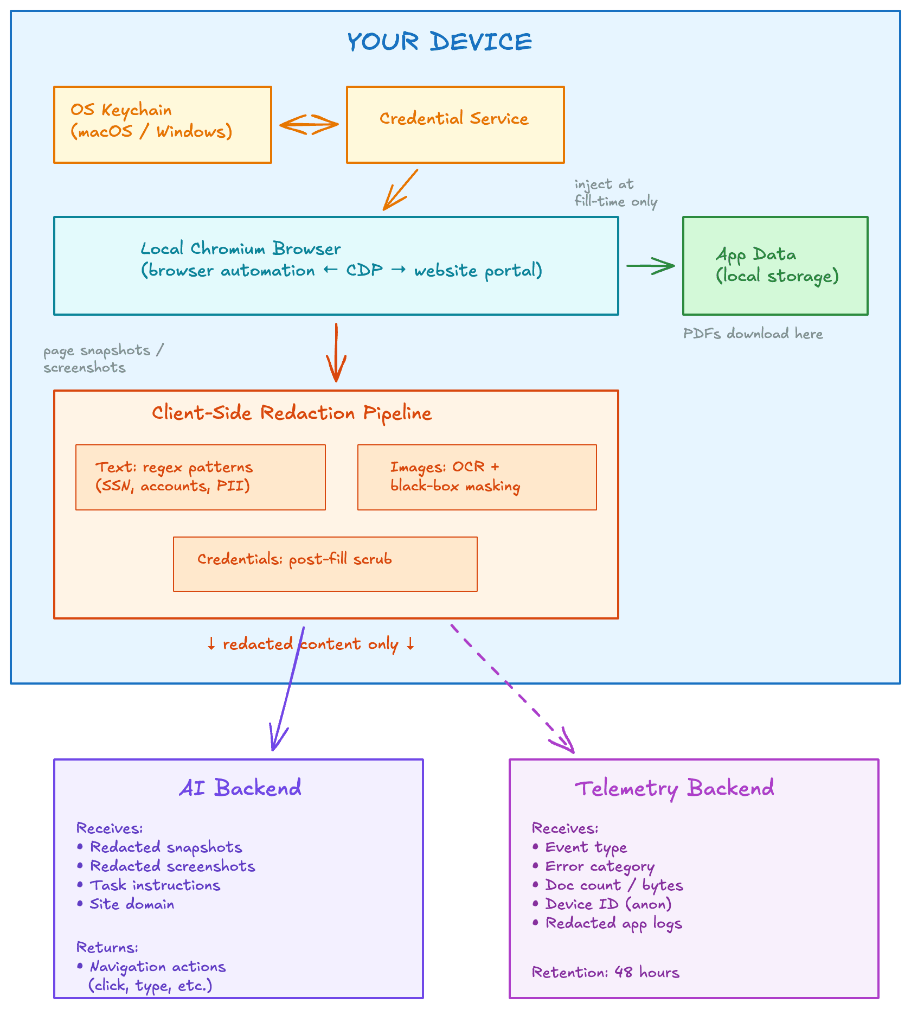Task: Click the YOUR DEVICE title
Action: (439, 42)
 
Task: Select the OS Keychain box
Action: (162, 124)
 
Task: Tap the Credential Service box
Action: (455, 124)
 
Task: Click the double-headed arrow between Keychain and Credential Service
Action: (309, 124)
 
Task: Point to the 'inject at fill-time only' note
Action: (615, 193)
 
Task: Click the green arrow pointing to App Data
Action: (650, 266)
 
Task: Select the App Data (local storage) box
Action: (775, 265)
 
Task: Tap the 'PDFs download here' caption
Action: (753, 334)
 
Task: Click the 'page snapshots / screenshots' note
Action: (103, 359)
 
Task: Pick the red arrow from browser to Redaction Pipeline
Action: (336, 353)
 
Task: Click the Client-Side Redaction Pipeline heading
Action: (292, 413)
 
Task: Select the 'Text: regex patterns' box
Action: (200, 477)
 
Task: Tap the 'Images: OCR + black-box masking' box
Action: (477, 477)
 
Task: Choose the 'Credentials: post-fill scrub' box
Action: (325, 564)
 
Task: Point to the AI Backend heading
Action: (240, 788)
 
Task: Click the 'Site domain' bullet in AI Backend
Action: (132, 904)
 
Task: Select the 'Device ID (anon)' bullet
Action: (608, 904)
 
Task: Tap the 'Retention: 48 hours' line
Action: (605, 972)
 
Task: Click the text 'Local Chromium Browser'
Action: (241, 248)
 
